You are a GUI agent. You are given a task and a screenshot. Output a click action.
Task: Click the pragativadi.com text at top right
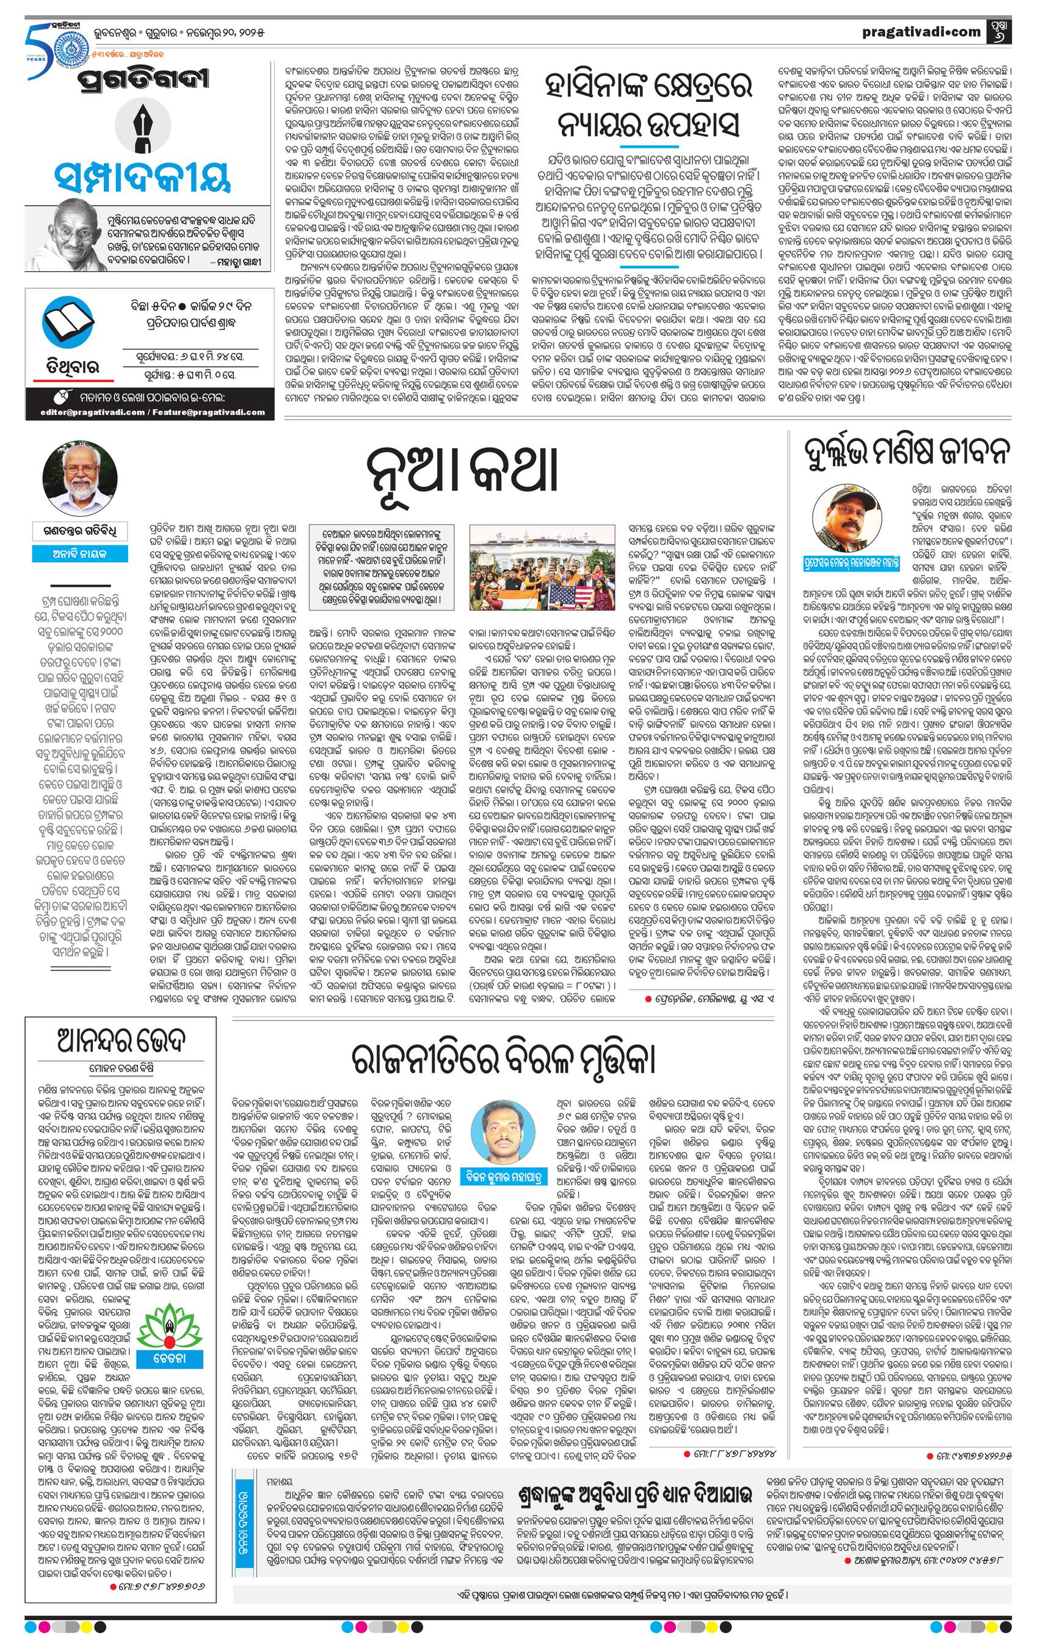click(921, 31)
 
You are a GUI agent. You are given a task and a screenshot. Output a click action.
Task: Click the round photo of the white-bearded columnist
click(79, 479)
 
